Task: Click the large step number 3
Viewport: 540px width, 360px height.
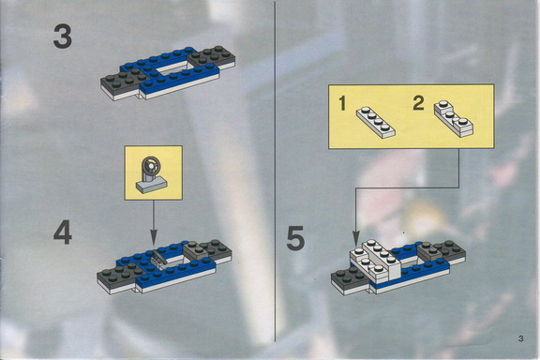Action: point(62,37)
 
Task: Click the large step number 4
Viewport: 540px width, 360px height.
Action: point(63,232)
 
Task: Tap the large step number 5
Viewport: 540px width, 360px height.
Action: point(295,237)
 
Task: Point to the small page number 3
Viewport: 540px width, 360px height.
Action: point(520,338)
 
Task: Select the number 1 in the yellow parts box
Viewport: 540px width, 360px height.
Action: point(342,104)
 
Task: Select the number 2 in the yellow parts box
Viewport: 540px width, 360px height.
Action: point(418,103)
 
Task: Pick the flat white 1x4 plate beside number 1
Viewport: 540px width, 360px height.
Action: point(375,122)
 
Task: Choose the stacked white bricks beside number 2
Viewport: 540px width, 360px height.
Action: point(453,118)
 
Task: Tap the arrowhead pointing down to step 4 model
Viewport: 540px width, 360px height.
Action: point(154,239)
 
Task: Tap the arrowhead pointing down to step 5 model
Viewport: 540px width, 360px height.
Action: point(355,239)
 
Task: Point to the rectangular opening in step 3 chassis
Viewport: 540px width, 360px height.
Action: point(172,68)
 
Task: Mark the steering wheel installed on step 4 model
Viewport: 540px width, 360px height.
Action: point(157,257)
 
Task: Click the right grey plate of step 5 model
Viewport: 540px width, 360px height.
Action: point(442,250)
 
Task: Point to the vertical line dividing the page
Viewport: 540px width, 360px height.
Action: point(276,172)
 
